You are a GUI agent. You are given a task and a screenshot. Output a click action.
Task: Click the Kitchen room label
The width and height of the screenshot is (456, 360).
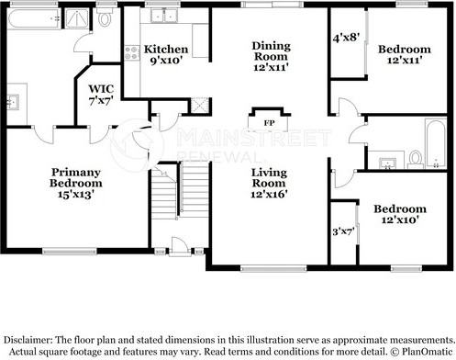coord(166,48)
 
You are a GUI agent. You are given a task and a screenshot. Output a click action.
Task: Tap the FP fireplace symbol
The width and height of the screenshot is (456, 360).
coord(270,122)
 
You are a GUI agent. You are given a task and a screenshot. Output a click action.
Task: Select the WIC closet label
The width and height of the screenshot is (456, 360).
coord(101,90)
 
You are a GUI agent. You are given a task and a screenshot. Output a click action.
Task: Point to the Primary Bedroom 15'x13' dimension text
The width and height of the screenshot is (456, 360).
coord(76,195)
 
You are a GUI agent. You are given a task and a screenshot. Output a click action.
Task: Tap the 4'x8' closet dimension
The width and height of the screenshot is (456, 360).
coord(345,39)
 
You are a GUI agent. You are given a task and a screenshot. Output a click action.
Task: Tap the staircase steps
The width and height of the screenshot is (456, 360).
coord(165,207)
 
